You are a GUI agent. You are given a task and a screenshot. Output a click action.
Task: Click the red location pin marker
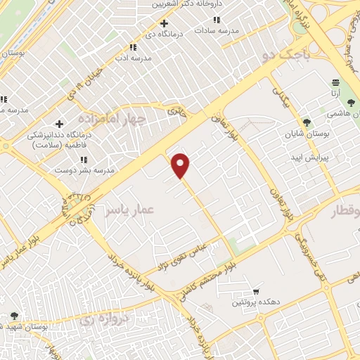click(x=181, y=165)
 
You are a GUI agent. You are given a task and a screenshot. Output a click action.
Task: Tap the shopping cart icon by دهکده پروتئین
click(x=257, y=291)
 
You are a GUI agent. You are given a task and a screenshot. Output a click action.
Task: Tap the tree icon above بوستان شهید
click(x=15, y=316)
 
